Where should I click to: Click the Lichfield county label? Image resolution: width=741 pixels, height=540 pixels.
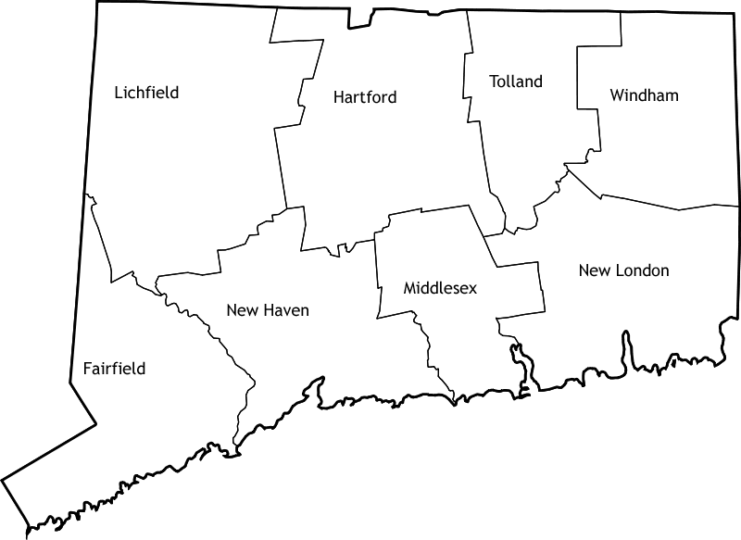[146, 93]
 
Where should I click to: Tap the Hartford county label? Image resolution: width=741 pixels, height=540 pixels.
[365, 97]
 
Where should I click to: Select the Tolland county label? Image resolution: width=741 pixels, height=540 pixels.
[516, 82]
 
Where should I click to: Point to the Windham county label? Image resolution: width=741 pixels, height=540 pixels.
[645, 95]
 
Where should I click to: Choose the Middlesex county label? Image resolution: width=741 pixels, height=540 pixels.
[440, 289]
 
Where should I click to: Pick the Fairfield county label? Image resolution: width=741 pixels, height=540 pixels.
[114, 369]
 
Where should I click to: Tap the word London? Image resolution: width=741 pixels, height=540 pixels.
[638, 270]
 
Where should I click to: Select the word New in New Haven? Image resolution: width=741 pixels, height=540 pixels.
[242, 310]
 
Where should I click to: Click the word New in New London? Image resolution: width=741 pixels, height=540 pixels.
[594, 270]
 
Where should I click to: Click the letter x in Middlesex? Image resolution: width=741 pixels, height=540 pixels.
[472, 289]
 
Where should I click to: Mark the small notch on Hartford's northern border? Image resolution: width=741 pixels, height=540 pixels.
[360, 18]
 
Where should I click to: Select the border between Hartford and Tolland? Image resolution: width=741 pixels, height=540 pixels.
[470, 111]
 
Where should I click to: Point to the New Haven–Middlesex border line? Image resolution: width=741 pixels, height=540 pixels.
[377, 269]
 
